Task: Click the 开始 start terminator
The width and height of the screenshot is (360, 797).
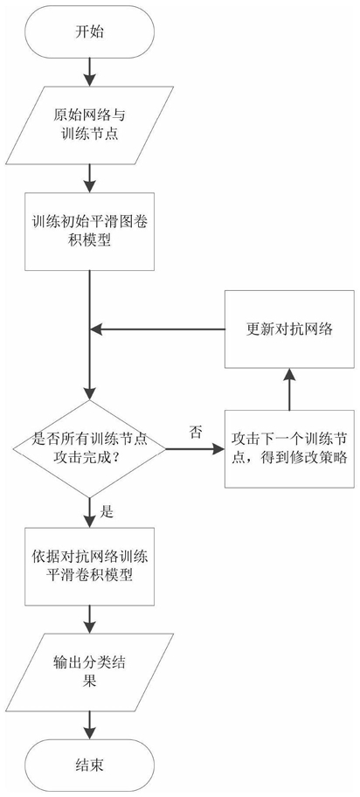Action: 89,31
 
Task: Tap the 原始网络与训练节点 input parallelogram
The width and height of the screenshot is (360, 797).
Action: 89,125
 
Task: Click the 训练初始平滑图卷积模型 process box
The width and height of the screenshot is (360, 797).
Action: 89,232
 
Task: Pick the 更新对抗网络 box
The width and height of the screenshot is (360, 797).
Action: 289,329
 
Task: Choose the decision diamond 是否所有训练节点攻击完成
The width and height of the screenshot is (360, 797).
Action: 89,449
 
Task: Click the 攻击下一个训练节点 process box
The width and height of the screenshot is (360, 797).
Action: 289,449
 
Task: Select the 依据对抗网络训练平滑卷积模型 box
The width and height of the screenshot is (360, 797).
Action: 89,566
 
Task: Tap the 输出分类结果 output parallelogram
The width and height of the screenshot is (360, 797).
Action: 89,673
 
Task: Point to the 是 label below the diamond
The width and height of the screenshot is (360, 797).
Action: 107,512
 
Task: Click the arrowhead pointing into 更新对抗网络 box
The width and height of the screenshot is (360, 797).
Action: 289,375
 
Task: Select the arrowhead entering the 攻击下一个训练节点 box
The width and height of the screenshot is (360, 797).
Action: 218,449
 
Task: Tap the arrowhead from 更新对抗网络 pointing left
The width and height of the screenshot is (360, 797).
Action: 97,329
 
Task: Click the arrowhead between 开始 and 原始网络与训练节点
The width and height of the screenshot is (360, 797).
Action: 89,80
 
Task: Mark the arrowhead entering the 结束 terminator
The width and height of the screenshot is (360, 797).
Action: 89,733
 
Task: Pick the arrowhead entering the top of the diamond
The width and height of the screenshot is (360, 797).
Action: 89,393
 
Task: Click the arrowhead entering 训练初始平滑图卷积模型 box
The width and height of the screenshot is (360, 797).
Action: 89,186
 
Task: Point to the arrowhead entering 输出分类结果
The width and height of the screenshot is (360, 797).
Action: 89,627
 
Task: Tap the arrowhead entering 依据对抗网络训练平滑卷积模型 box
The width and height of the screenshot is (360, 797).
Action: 89,521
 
